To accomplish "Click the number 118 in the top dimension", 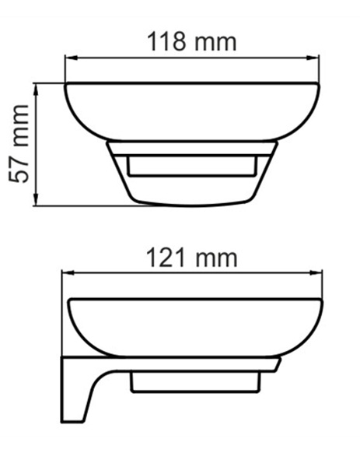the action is coord(166,41).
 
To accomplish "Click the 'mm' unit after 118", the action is coord(215,44).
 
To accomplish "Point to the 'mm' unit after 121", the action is coord(216,259).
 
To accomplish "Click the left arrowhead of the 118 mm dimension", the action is coord(72,58).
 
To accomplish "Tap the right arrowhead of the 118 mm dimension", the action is coord(313,58).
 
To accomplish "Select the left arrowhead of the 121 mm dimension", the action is coord(68,272).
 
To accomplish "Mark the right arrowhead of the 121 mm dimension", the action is coord(316,272).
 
